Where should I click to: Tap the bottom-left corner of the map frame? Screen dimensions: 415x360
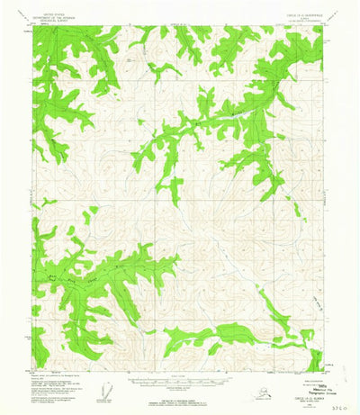tap(33, 369)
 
